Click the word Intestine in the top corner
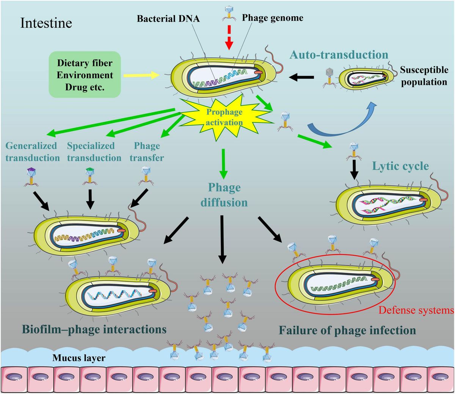[x=46, y=23]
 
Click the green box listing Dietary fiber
[x=85, y=74]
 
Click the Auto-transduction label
[x=339, y=55]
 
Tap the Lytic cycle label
[x=400, y=166]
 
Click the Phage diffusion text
[x=224, y=195]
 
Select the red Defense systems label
[x=416, y=310]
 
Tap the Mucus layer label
[x=79, y=357]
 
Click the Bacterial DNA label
[x=168, y=19]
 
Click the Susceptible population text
[x=424, y=76]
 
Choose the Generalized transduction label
[x=33, y=152]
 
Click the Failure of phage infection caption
[x=347, y=330]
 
